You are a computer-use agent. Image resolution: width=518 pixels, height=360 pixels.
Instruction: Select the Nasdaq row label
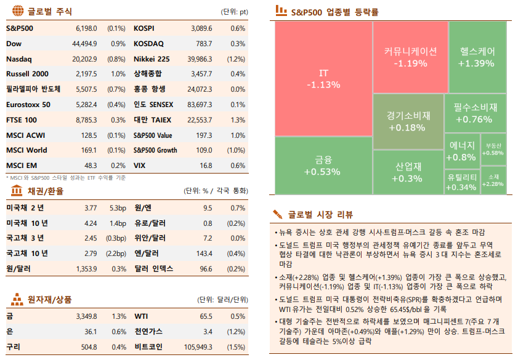[x=19, y=59]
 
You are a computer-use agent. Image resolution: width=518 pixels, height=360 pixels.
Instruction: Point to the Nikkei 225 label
[x=152, y=59]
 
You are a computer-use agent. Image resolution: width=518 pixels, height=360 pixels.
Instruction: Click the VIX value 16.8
[x=205, y=166]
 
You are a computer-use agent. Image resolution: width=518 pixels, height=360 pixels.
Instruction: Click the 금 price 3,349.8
[x=86, y=316]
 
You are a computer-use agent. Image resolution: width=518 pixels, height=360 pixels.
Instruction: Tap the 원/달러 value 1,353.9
[x=86, y=268]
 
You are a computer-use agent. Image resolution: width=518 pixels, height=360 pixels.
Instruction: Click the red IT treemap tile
[x=323, y=79]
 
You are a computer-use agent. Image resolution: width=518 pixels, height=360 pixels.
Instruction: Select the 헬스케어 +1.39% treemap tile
[x=477, y=57]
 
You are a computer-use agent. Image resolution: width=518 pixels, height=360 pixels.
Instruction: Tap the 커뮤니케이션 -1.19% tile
[x=410, y=57]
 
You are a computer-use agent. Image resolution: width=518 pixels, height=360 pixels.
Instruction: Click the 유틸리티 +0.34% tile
[x=461, y=182]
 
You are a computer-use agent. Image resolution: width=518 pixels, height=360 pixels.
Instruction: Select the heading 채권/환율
[x=46, y=191]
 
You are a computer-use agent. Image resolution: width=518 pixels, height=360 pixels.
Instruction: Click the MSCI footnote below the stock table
[x=65, y=177]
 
